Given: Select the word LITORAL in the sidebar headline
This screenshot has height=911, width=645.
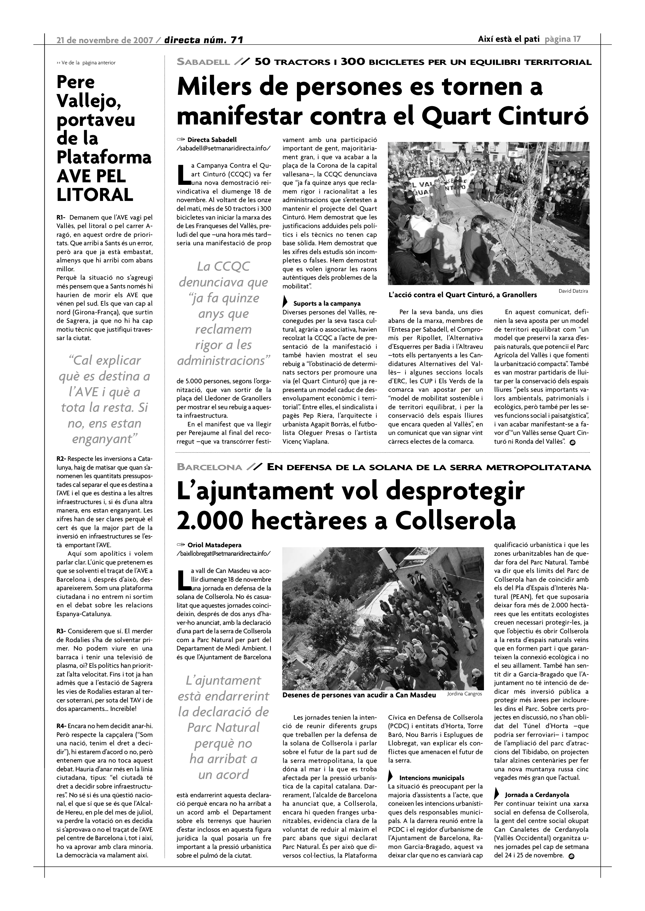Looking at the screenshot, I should click(95, 195).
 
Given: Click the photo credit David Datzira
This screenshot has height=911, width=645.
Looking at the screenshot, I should click(573, 291).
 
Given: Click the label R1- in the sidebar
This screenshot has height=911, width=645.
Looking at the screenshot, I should click(61, 217).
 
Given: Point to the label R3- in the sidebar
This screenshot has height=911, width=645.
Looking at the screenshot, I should click(61, 631).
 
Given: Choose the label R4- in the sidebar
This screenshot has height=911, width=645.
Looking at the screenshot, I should click(61, 726).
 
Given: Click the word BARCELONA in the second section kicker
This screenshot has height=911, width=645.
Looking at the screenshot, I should click(210, 467).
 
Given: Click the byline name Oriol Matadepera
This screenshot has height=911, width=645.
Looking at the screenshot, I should click(214, 545).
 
